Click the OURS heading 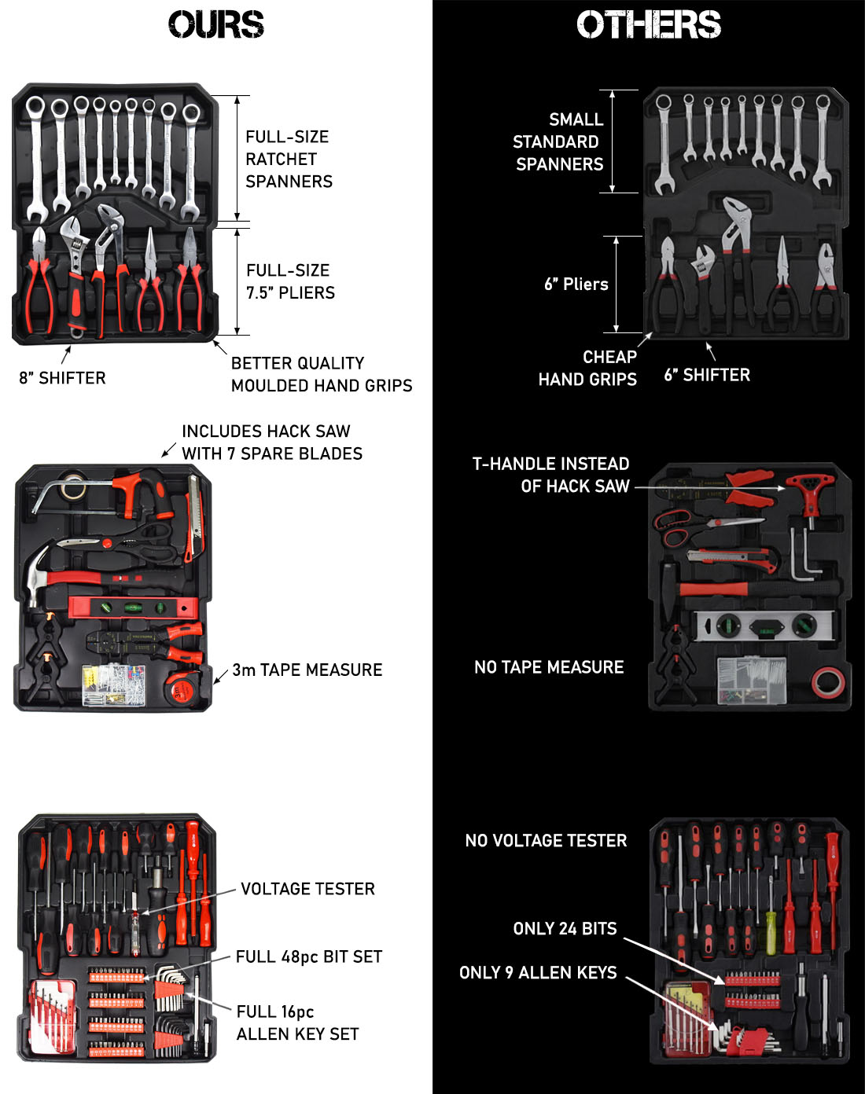pos(216,24)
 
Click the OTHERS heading pos(649,25)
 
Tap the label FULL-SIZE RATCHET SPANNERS pos(289,159)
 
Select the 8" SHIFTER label pos(62,378)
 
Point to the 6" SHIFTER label pos(707,375)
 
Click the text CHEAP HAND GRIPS pos(588,368)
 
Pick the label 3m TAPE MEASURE pos(307,670)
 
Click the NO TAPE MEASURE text pos(549,667)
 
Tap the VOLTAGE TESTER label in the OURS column pos(307,889)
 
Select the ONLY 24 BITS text pos(565,928)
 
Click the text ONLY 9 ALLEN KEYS pos(538,972)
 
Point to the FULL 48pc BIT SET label pos(309,956)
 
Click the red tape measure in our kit pos(181,689)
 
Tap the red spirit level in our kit pos(134,608)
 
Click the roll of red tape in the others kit pos(827,682)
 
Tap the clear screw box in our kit pos(114,684)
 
